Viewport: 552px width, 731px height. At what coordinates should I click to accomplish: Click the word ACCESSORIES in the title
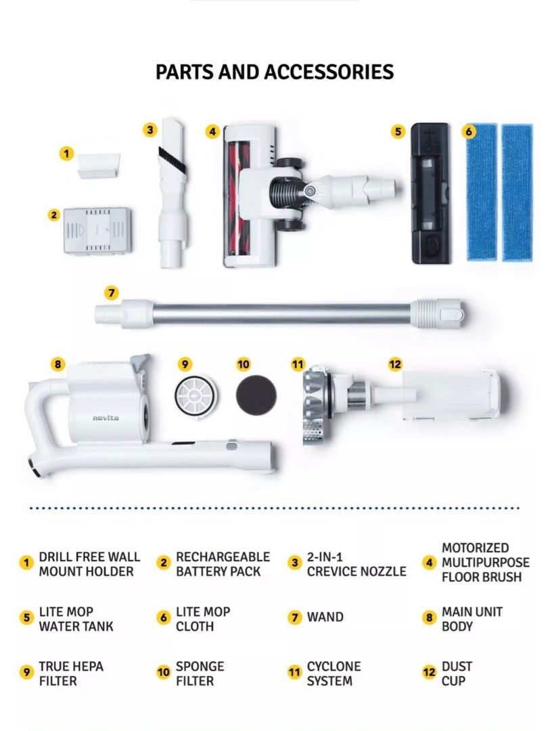click(329, 72)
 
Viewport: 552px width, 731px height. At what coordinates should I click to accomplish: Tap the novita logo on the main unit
click(106, 418)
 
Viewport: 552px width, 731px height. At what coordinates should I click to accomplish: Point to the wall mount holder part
click(99, 166)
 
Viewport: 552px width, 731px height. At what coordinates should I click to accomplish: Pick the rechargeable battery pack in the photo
click(97, 231)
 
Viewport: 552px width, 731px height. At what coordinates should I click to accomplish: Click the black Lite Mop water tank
click(431, 194)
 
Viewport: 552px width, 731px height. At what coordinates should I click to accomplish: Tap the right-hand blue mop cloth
click(517, 192)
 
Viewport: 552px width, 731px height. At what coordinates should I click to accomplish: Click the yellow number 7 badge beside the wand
click(111, 293)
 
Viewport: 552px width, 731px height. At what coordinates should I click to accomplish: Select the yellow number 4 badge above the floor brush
click(212, 131)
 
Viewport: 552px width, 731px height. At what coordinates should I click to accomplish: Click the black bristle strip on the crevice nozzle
click(172, 158)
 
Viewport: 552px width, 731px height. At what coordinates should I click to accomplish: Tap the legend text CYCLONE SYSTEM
click(333, 673)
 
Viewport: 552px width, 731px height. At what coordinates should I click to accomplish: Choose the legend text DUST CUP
click(457, 673)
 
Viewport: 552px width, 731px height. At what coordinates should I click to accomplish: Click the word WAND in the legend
click(325, 617)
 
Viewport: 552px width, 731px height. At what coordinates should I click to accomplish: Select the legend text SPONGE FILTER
click(200, 673)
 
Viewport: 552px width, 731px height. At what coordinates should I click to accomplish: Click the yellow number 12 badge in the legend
click(429, 672)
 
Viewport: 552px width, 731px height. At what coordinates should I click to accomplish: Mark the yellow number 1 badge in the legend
click(26, 562)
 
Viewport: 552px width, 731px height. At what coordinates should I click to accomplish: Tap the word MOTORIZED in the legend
click(475, 548)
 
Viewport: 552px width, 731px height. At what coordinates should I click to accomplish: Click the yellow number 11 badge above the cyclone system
click(298, 363)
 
